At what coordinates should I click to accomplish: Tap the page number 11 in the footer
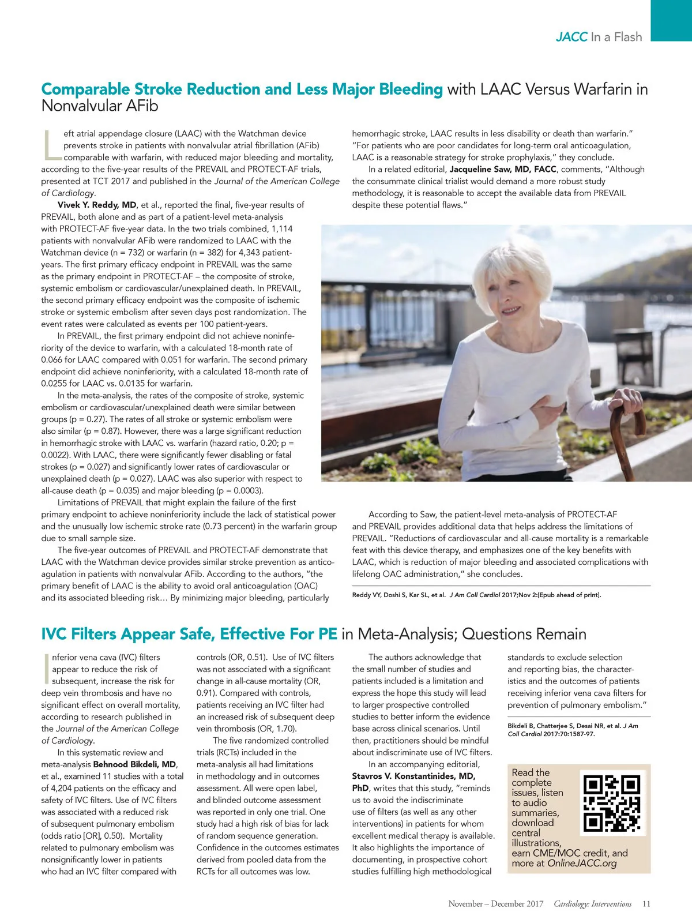tap(646, 904)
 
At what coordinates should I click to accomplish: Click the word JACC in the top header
tap(571, 37)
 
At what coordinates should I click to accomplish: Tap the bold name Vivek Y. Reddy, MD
tap(97, 205)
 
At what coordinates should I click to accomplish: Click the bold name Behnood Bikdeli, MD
tap(135, 764)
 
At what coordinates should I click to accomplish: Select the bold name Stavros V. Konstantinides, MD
tap(413, 776)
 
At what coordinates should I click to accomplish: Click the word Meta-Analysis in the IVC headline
tap(406, 634)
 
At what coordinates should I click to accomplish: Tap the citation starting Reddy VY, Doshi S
tap(476, 595)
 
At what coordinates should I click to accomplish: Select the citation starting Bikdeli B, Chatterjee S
tap(572, 730)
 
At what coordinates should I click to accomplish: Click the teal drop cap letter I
tap(46, 669)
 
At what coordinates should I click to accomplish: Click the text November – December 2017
tap(495, 904)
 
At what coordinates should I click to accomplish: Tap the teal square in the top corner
tap(671, 20)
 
